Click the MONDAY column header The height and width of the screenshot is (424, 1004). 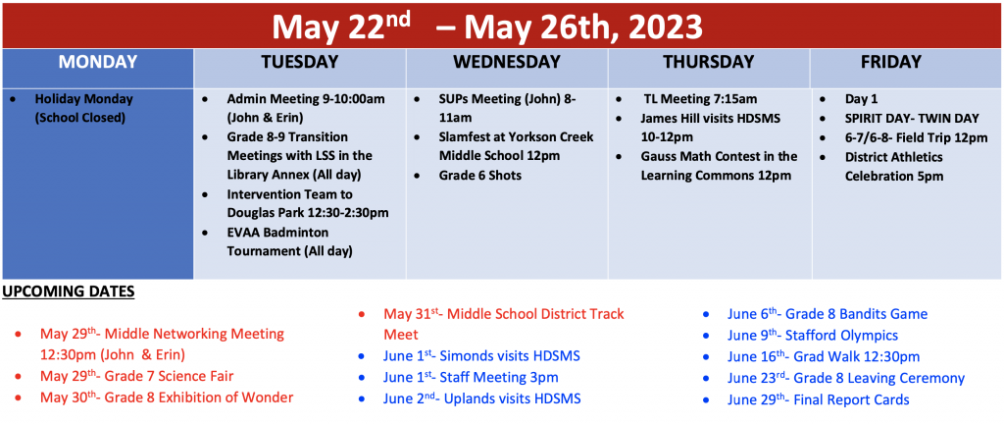tap(98, 62)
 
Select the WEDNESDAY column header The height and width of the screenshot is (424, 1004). tap(507, 62)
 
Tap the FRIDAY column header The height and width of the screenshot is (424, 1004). tap(890, 62)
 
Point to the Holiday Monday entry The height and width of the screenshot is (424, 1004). tap(84, 109)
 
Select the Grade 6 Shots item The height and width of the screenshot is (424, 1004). tap(480, 175)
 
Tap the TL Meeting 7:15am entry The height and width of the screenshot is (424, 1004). tap(700, 100)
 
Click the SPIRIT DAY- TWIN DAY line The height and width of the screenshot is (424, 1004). tap(912, 119)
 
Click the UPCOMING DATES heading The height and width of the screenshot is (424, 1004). tap(68, 292)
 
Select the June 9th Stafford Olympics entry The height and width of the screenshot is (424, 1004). tap(813, 336)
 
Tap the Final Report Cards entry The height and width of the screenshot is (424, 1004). tap(819, 400)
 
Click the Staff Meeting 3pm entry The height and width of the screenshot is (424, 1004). tap(471, 377)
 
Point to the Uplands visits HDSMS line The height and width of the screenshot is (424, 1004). tap(482, 399)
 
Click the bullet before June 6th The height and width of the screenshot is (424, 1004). tap(706, 315)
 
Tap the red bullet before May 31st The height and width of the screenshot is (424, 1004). tap(362, 314)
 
